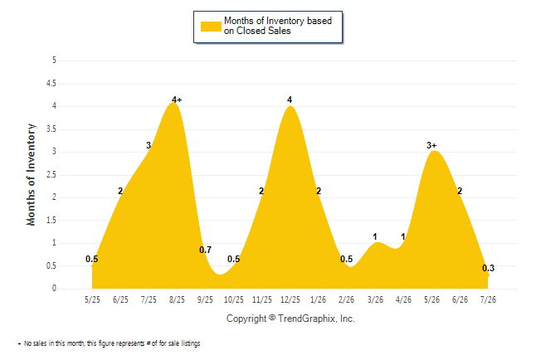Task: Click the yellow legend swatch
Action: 211,27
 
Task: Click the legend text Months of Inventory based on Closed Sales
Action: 278,26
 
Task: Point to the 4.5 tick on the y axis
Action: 51,84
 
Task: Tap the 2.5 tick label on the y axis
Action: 51,175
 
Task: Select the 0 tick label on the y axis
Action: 54,288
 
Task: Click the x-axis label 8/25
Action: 177,299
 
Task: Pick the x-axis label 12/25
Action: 290,299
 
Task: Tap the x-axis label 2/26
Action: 347,299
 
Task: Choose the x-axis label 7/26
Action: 488,299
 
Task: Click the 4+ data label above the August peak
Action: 177,100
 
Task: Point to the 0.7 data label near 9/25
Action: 206,250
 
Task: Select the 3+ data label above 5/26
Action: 431,145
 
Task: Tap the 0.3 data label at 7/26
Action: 489,268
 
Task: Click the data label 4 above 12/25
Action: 290,100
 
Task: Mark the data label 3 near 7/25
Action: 149,145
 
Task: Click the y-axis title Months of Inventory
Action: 31,174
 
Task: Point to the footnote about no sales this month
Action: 109,343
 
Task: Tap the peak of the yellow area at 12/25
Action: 290,106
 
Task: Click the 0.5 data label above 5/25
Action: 91,259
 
